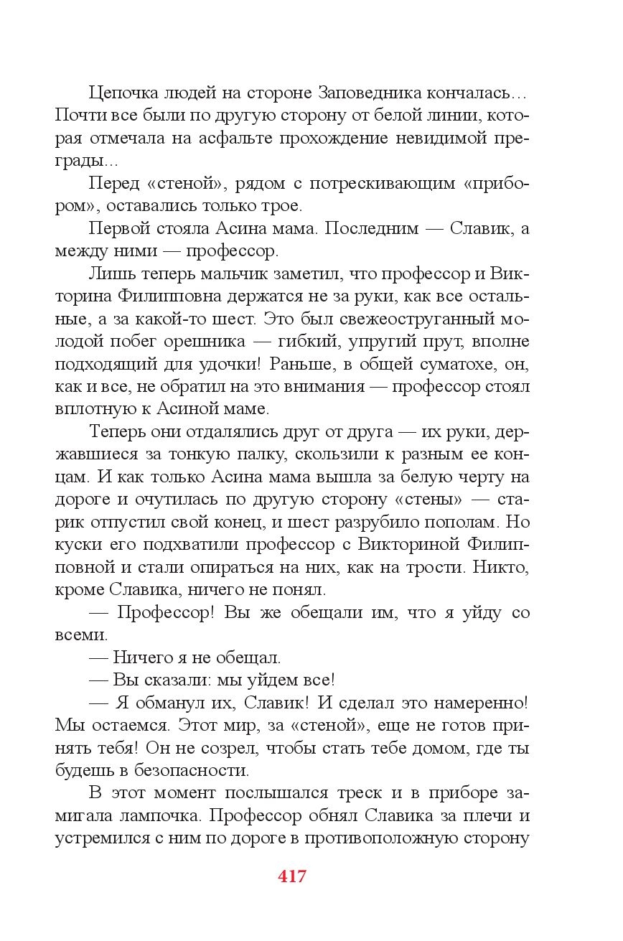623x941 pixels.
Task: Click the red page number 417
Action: [x=291, y=876]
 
